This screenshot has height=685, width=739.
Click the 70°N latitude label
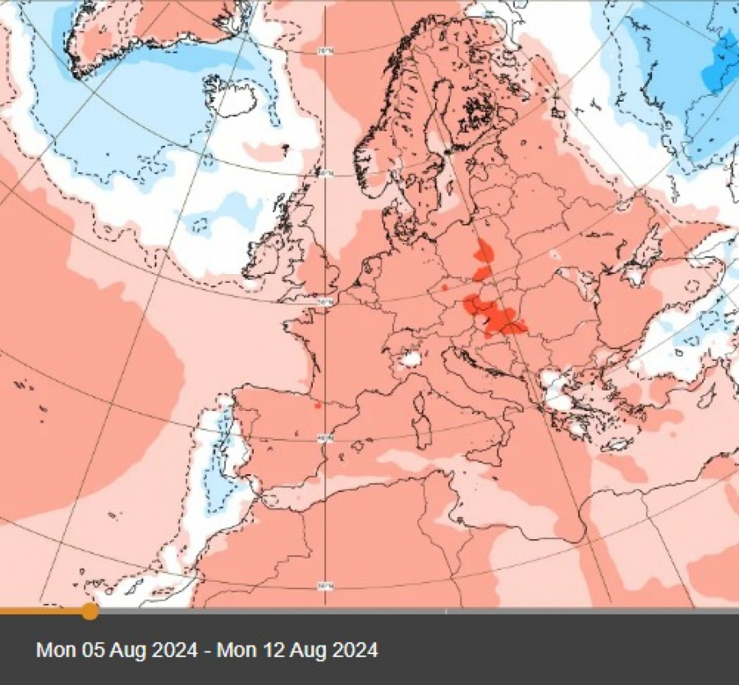[326, 51]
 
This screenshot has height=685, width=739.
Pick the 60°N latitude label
[326, 173]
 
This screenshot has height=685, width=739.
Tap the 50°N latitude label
[326, 302]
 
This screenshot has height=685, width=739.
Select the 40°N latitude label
[326, 438]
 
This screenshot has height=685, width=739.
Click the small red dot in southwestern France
[317, 404]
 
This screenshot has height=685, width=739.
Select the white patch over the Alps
[408, 358]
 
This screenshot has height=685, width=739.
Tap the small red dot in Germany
[444, 288]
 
